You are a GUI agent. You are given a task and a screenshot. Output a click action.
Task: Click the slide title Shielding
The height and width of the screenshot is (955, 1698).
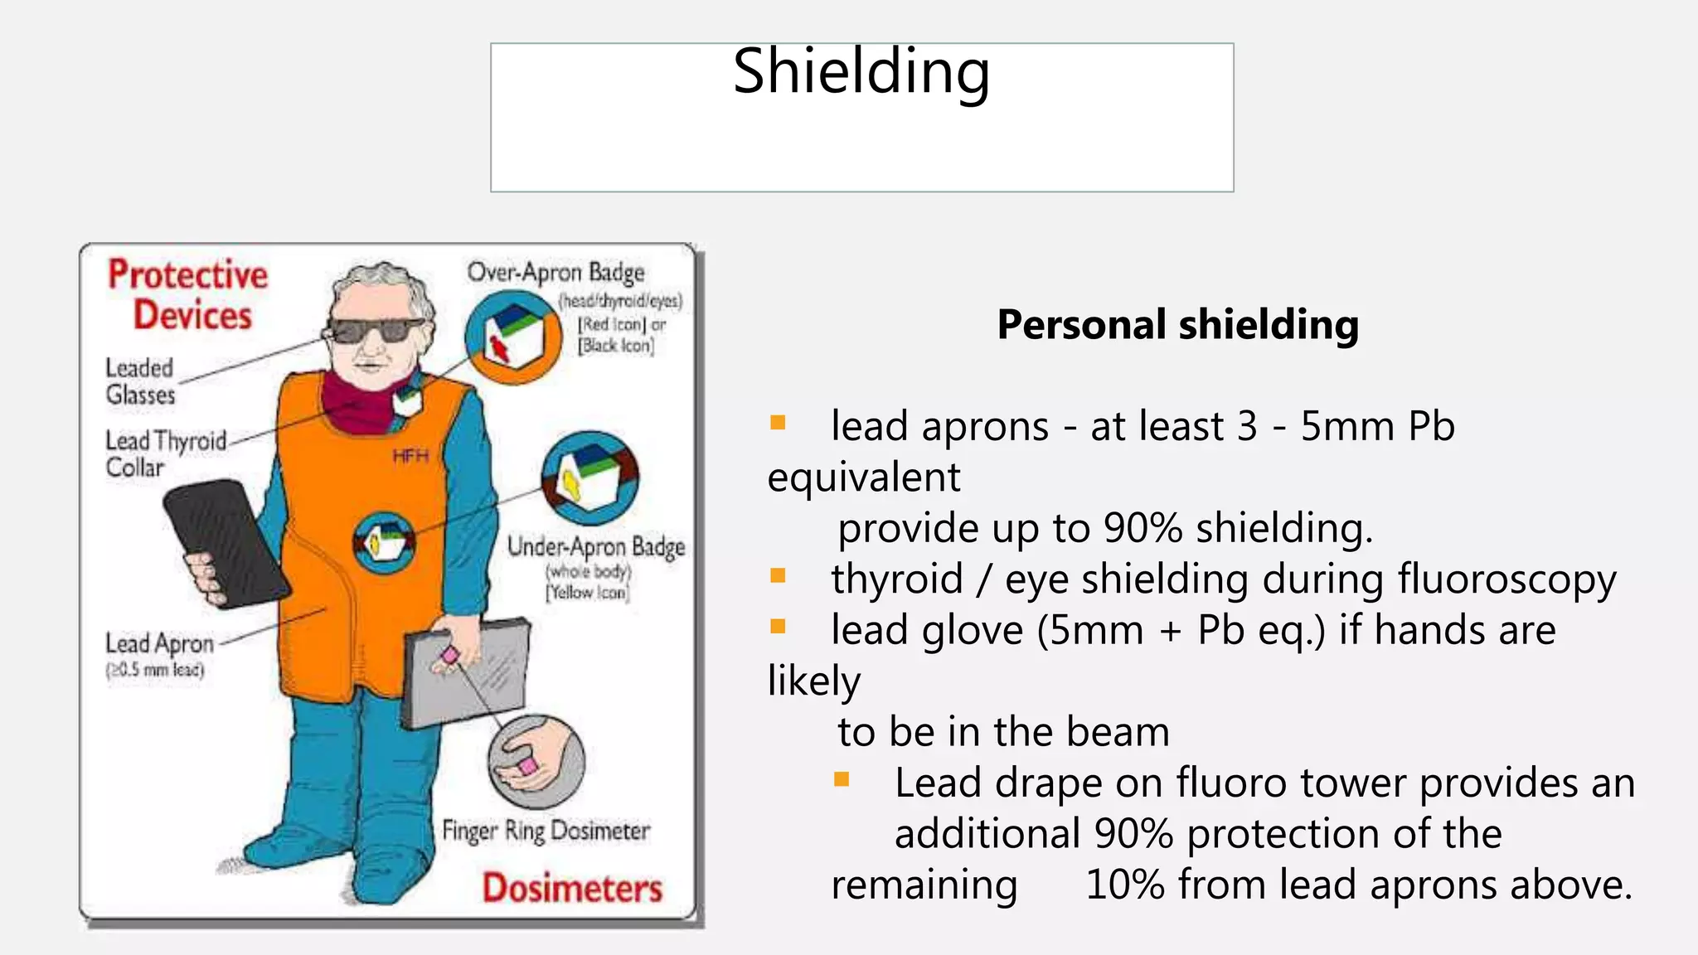(861, 73)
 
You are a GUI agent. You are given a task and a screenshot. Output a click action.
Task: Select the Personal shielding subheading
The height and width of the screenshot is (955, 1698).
(1177, 324)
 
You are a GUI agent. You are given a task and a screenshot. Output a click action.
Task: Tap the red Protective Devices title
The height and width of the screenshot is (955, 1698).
(189, 295)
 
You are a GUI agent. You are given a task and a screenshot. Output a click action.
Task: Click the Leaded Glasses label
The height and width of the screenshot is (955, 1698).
(140, 381)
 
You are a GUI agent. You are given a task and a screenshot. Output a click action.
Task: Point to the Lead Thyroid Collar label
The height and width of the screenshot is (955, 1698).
(164, 453)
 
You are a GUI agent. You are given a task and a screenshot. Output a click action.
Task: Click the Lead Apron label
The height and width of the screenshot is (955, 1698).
(159, 644)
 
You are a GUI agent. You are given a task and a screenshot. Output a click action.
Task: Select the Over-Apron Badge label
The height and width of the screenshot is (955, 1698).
(555, 273)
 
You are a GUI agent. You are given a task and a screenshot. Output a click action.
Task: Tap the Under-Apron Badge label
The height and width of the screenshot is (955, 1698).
(596, 547)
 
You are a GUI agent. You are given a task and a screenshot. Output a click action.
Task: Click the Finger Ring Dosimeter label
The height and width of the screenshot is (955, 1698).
(546, 831)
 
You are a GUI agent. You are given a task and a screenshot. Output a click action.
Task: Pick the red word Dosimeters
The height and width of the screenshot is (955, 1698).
(572, 889)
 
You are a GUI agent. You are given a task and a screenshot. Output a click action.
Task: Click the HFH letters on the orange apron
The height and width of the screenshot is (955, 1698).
(410, 456)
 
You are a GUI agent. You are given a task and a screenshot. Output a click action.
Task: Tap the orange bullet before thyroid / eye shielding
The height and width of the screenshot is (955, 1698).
(778, 576)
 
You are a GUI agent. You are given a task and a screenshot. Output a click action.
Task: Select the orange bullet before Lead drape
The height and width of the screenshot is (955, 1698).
(842, 779)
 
